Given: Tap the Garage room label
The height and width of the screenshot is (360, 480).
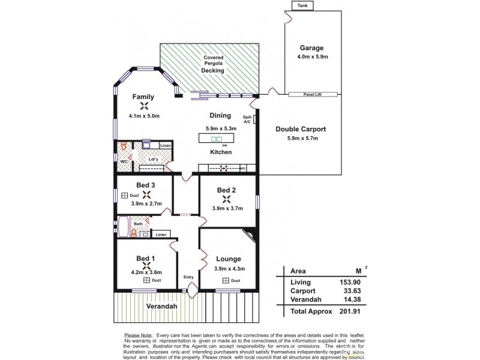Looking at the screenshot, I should (x=311, y=48).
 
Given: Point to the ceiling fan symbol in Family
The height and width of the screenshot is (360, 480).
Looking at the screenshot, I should (x=144, y=106).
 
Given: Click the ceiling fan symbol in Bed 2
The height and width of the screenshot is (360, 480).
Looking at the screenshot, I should (x=226, y=199).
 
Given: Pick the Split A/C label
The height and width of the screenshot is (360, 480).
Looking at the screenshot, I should (x=247, y=118).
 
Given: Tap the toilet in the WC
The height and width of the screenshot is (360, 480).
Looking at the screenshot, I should (x=123, y=148).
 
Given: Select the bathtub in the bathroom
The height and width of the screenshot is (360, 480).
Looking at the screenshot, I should (x=124, y=228).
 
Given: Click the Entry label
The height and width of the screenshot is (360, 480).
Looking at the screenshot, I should (x=189, y=277).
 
